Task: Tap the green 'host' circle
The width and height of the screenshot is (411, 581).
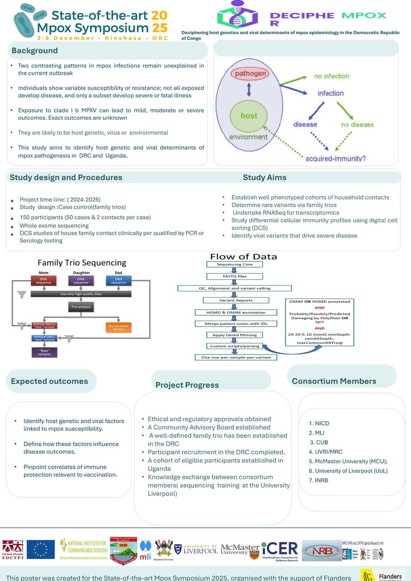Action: click(x=248, y=115)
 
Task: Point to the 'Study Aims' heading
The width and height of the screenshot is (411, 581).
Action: click(x=264, y=177)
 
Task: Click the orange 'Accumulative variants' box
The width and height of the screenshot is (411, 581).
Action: click(x=119, y=327)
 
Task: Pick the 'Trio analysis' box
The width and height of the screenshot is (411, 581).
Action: click(x=81, y=307)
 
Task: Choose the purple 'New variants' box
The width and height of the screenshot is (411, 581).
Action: click(x=44, y=352)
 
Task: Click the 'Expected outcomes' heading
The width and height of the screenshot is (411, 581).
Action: click(x=49, y=381)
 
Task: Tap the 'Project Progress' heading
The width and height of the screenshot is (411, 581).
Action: click(x=187, y=385)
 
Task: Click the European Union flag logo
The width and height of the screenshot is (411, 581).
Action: click(x=41, y=549)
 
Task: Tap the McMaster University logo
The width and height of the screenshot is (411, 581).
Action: click(x=239, y=550)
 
